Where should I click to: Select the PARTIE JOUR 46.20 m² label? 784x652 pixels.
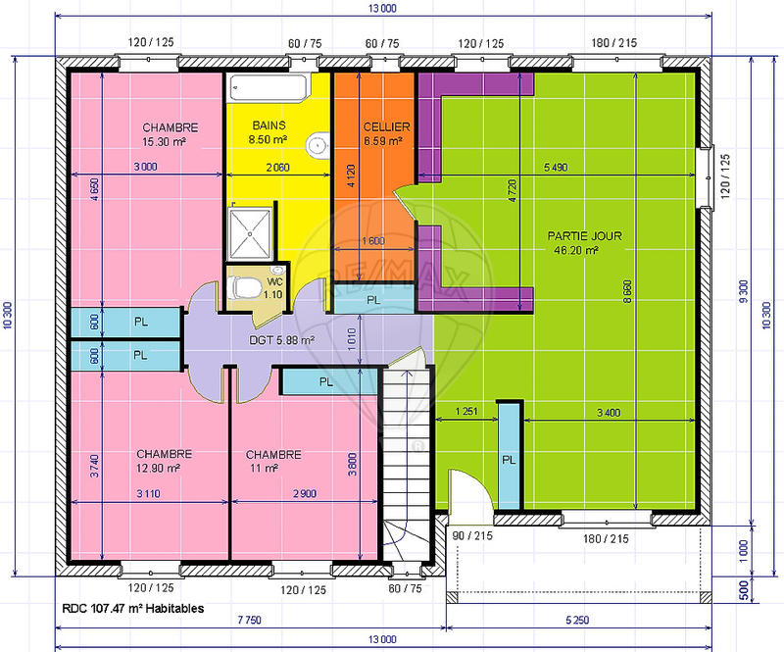pyautogui.click(x=585, y=243)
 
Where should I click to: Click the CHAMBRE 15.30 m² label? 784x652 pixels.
pyautogui.click(x=170, y=134)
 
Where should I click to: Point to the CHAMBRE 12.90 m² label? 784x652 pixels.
pyautogui.click(x=163, y=461)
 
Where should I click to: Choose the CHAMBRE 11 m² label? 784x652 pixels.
pyautogui.click(x=272, y=461)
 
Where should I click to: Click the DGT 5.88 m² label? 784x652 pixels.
pyautogui.click(x=280, y=340)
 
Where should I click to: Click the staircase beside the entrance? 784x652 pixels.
pyautogui.click(x=406, y=451)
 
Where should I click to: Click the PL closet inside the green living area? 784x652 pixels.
pyautogui.click(x=509, y=459)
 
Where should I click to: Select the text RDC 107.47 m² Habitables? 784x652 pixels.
pyautogui.click(x=132, y=608)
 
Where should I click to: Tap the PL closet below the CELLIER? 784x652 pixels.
pyautogui.click(x=373, y=300)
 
